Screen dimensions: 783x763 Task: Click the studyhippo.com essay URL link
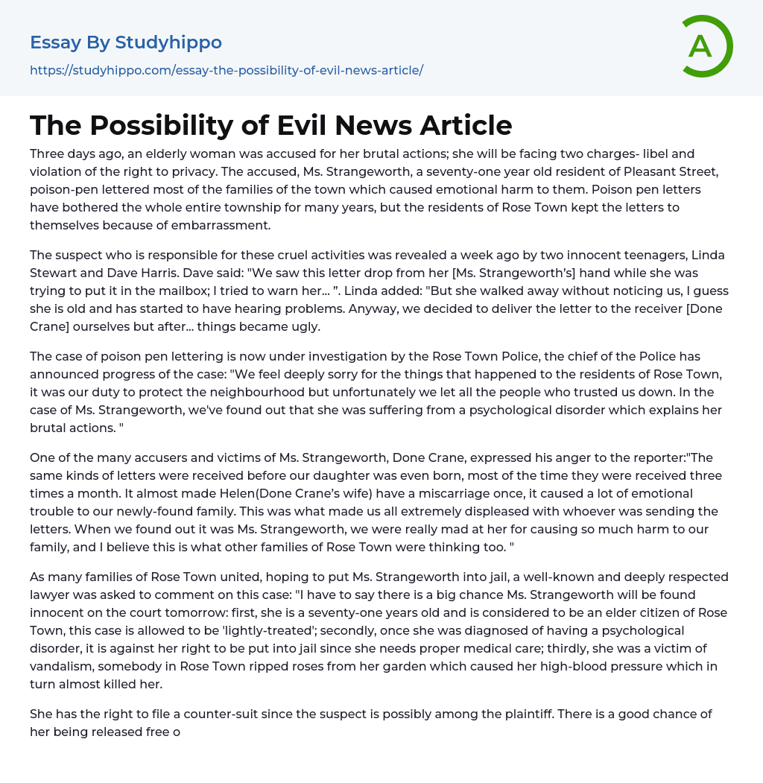click(227, 71)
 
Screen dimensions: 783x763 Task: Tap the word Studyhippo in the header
click(168, 42)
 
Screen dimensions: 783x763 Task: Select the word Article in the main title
click(466, 125)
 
